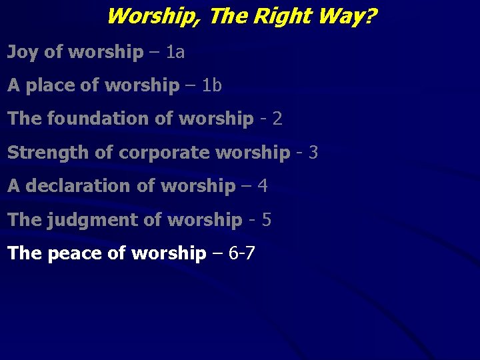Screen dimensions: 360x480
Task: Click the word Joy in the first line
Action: point(23,53)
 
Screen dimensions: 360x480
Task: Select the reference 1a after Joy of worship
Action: point(175,52)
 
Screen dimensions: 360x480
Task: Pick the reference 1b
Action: point(212,85)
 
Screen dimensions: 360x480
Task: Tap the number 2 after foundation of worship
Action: point(277,119)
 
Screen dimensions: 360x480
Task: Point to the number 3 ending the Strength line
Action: point(313,153)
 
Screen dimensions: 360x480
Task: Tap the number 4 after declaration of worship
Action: point(262,186)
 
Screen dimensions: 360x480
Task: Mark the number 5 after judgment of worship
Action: point(267,220)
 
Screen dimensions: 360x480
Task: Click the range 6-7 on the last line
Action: point(241,253)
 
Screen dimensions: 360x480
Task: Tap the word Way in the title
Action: point(338,15)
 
